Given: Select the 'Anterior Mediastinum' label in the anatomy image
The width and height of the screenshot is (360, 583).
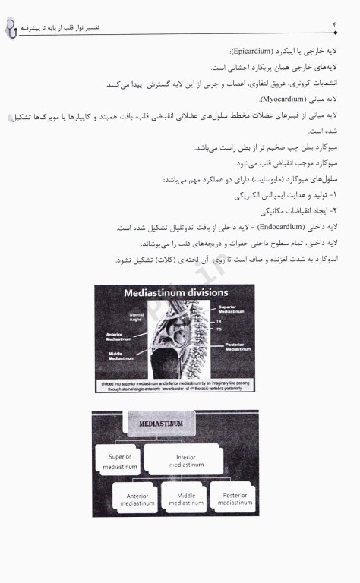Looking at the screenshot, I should (x=120, y=336).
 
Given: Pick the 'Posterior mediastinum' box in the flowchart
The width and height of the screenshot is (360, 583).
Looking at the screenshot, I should (x=235, y=499).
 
